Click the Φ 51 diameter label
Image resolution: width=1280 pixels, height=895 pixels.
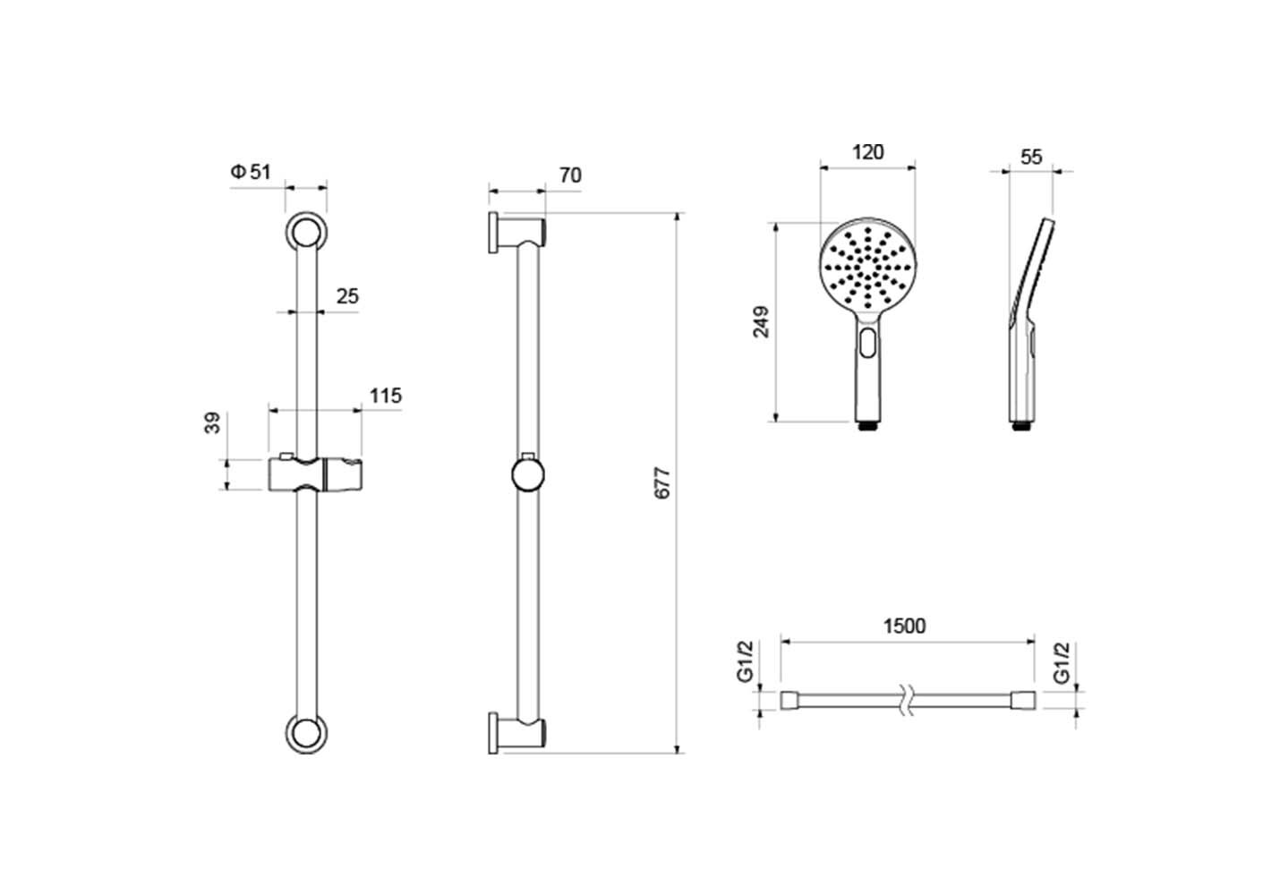pyautogui.click(x=251, y=172)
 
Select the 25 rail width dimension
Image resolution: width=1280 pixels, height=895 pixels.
pyautogui.click(x=347, y=296)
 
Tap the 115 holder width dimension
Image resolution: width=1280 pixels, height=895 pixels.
pyautogui.click(x=386, y=396)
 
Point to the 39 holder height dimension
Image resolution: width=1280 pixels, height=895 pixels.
pyautogui.click(x=212, y=423)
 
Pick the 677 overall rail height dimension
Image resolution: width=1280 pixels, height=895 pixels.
pyautogui.click(x=661, y=483)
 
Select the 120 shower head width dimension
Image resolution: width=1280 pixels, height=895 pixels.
pyautogui.click(x=868, y=152)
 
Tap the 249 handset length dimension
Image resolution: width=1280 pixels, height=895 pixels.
pyautogui.click(x=761, y=322)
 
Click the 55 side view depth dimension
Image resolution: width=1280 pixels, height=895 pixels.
pyautogui.click(x=1031, y=158)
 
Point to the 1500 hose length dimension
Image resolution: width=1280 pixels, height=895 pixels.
pyautogui.click(x=905, y=626)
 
